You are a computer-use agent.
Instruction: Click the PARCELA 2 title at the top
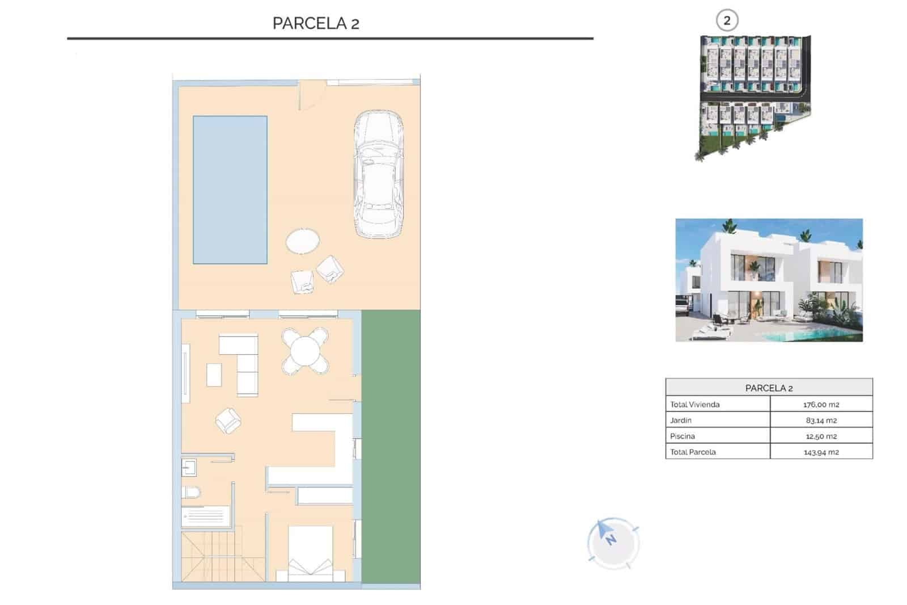(316, 23)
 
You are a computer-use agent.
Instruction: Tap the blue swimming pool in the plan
(230, 190)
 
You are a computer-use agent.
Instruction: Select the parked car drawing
(379, 174)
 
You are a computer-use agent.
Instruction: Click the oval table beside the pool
(302, 241)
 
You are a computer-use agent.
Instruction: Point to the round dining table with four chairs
(305, 351)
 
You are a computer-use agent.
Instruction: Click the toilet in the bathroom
(190, 492)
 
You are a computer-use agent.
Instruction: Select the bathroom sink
(189, 468)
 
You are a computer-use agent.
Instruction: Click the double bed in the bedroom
(310, 554)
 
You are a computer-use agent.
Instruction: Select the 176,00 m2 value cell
(821, 405)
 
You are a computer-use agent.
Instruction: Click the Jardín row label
(681, 421)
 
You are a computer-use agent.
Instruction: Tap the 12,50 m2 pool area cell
(821, 436)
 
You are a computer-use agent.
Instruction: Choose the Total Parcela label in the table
(693, 452)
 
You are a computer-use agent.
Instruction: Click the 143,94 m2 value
(821, 452)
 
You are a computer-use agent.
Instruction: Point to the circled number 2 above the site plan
(727, 21)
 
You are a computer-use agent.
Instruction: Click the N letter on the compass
(611, 540)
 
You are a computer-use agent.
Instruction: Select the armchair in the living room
(228, 421)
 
